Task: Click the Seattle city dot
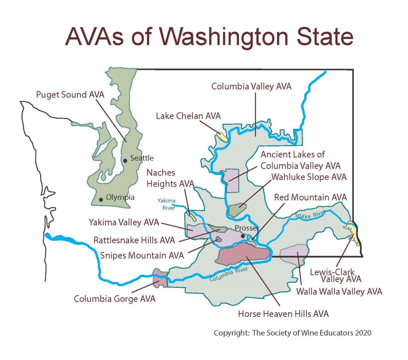125,160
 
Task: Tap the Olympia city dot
101,199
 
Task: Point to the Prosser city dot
243,236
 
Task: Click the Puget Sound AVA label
70,95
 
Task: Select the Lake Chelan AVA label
188,116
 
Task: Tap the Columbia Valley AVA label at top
251,86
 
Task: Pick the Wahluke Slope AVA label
309,177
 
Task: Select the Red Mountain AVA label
310,197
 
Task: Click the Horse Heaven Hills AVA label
283,314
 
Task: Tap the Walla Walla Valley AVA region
294,254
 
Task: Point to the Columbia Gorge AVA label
115,298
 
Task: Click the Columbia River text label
228,274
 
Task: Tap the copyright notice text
292,333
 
